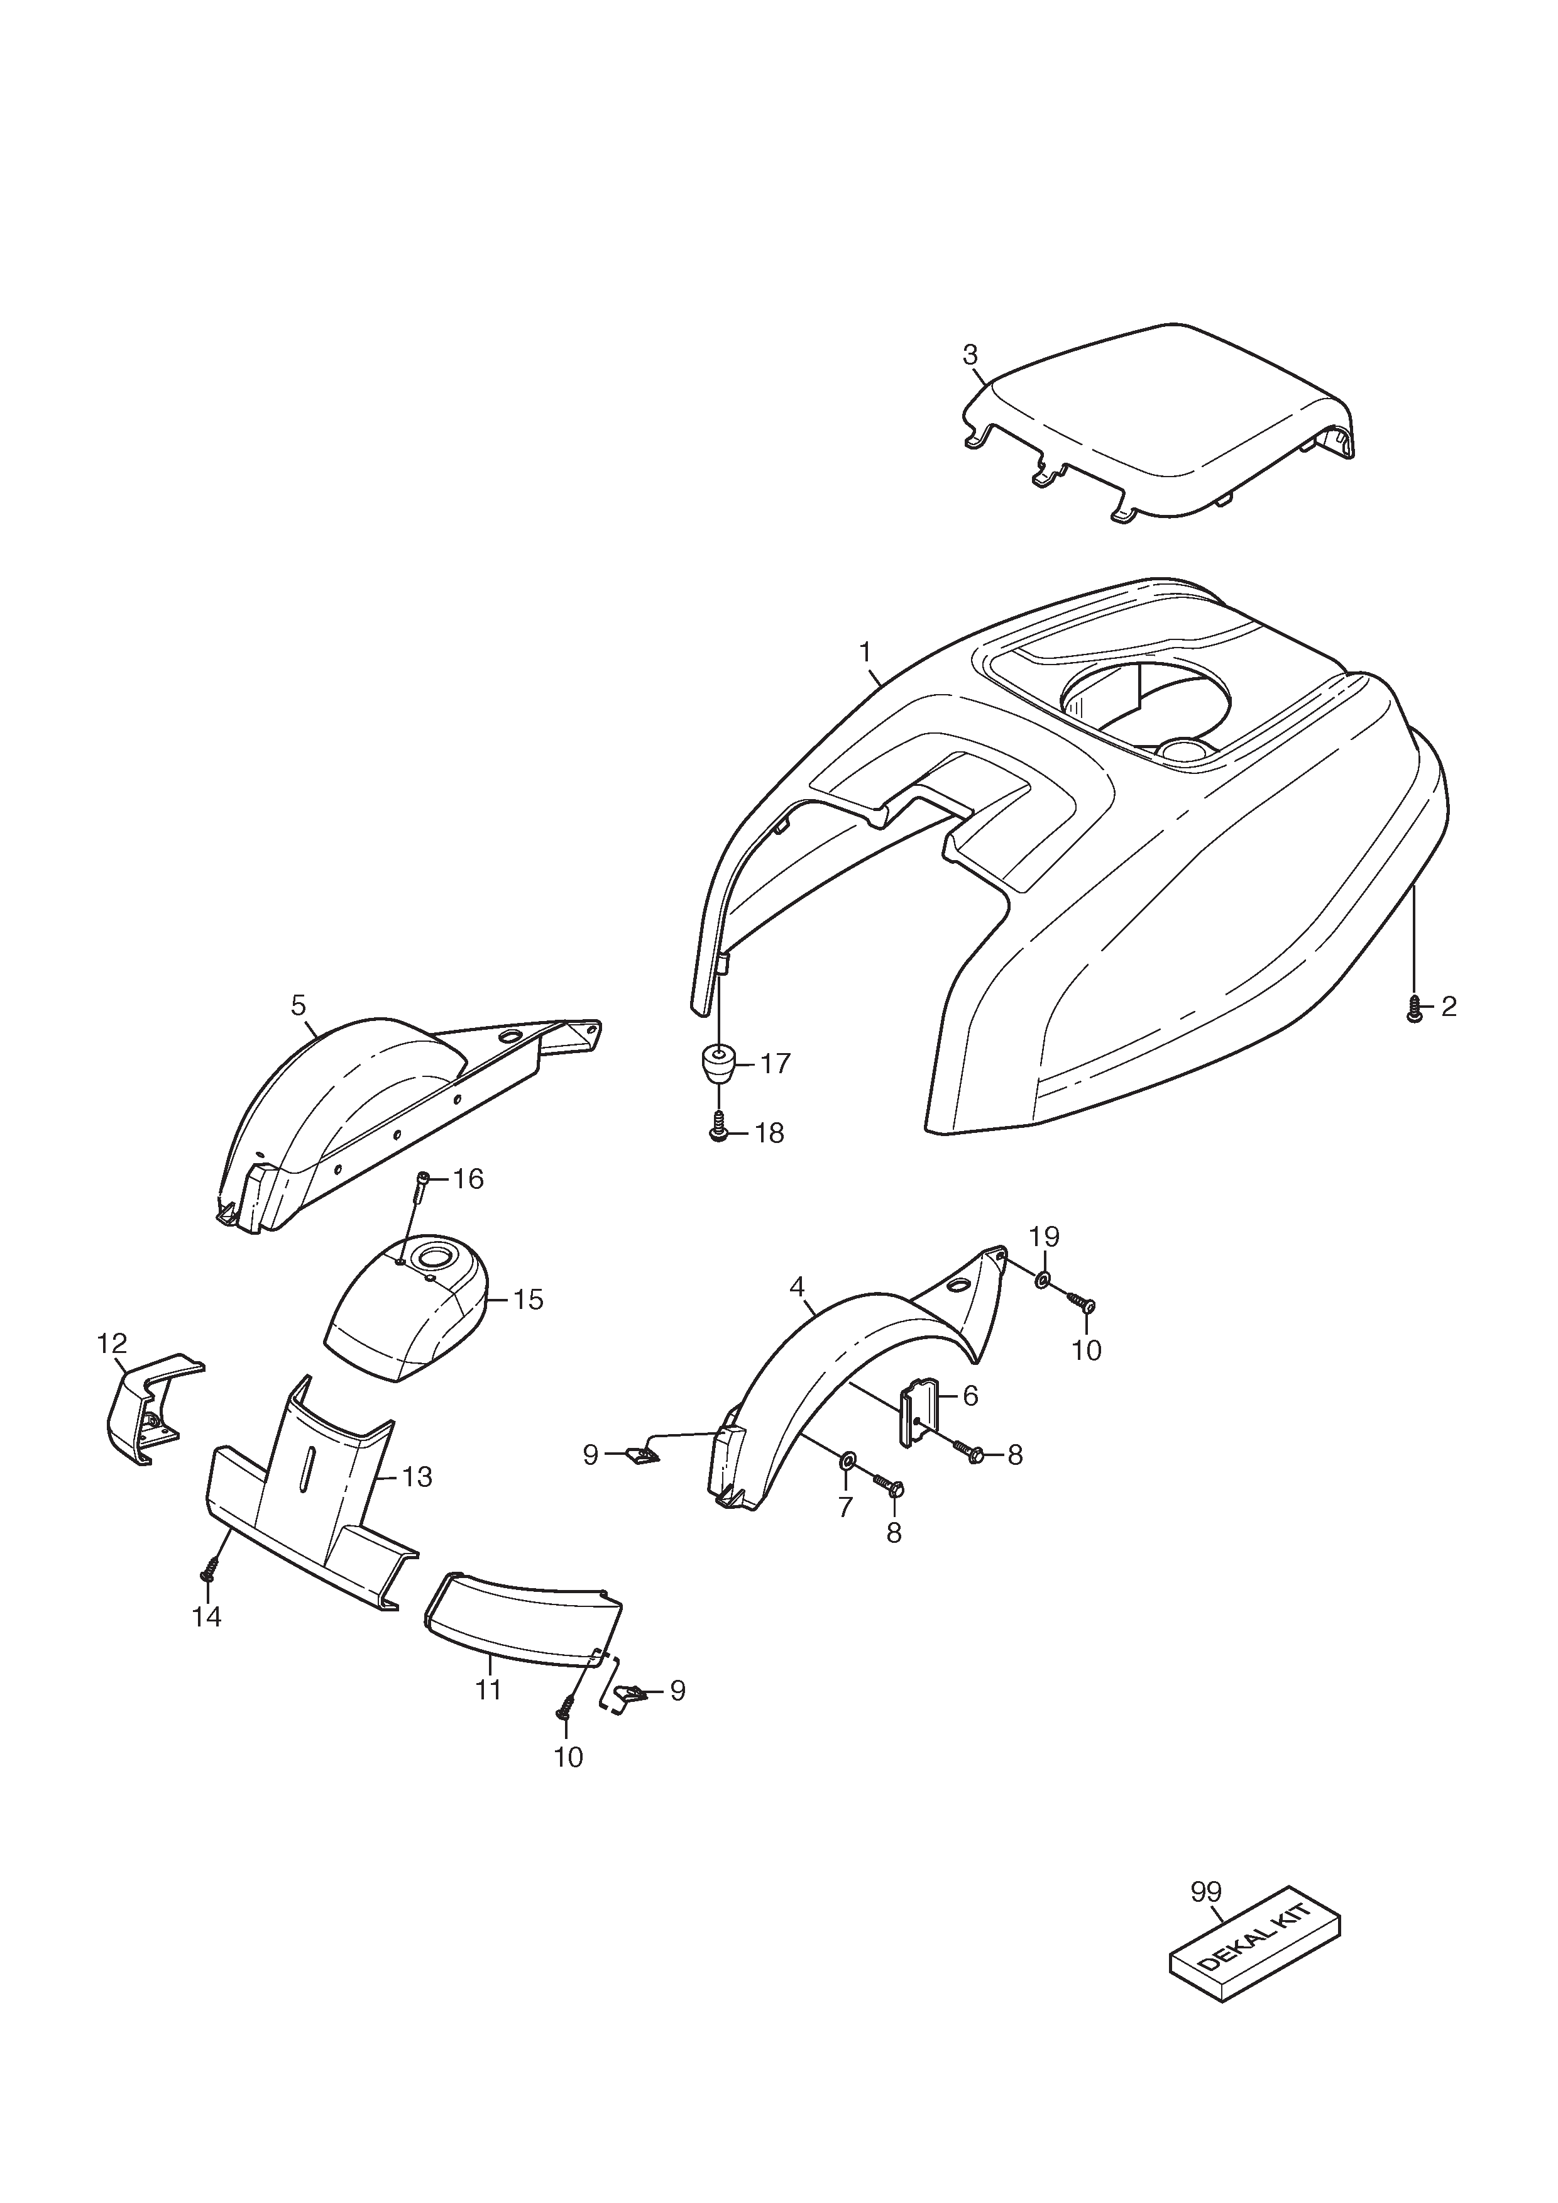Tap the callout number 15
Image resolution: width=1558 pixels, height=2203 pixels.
pos(528,1300)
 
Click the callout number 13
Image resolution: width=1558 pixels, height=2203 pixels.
pos(417,1477)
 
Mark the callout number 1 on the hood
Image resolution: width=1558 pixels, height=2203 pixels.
pos(865,653)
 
